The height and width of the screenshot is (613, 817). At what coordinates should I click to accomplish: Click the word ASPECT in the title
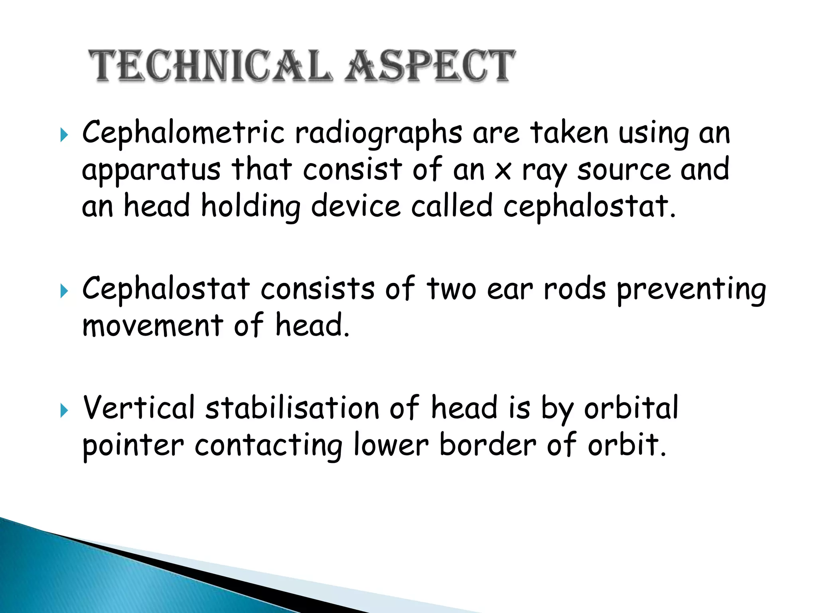click(x=430, y=66)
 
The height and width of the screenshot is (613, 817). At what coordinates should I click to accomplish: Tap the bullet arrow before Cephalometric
click(x=64, y=135)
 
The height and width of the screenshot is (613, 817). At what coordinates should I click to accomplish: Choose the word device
click(x=355, y=207)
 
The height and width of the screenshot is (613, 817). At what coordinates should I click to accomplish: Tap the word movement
click(x=153, y=325)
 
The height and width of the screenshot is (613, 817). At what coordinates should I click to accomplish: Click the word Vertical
click(x=138, y=408)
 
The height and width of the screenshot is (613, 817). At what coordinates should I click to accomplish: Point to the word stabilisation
click(x=292, y=408)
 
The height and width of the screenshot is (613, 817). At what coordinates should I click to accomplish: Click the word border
click(x=487, y=445)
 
